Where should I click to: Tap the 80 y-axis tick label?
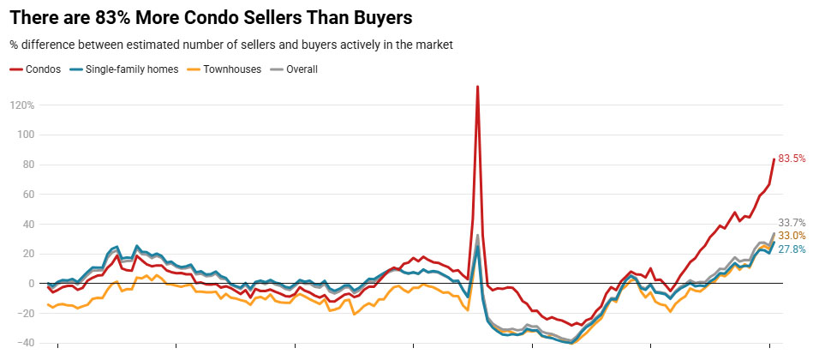point(27,165)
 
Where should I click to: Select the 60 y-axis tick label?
point(27,195)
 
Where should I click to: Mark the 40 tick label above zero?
point(27,225)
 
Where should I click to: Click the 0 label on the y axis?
point(30,254)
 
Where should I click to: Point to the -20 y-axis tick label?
point(25,284)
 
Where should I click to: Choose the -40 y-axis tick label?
point(25,343)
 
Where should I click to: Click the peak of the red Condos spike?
point(477,87)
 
